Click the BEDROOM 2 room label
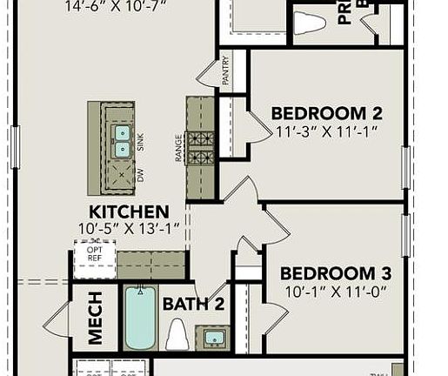tap(326, 112)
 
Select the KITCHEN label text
tap(129, 211)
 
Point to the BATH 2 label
tap(194, 304)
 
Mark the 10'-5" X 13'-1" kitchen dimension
tap(129, 230)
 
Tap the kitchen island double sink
tap(122, 141)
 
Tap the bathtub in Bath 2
tap(139, 319)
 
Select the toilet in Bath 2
tap(177, 333)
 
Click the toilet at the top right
tap(309, 23)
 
